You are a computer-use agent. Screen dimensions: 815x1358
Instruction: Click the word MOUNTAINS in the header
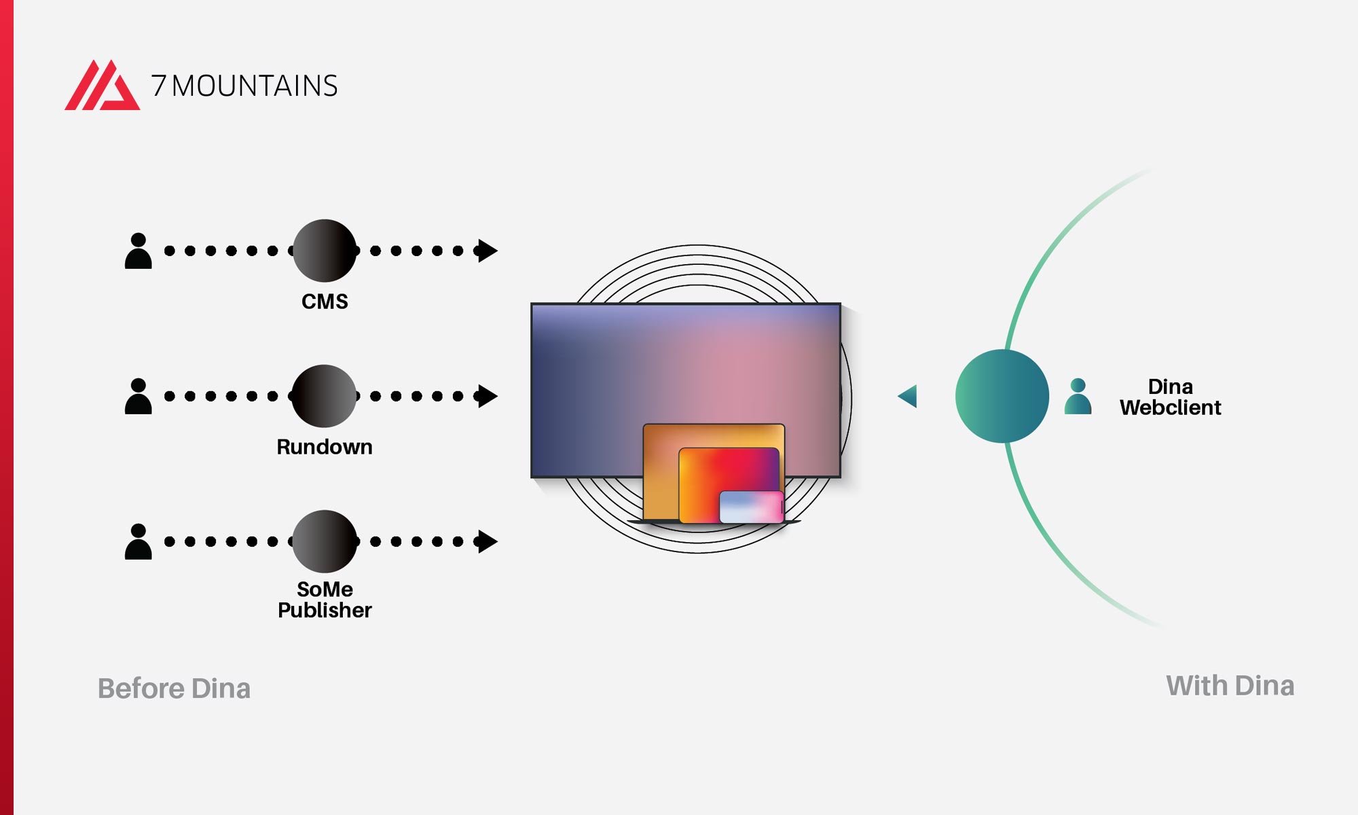255,86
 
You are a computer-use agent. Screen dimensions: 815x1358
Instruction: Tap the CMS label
325,302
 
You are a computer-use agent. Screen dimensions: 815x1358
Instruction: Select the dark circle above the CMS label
325,251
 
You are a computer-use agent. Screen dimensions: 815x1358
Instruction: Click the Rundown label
325,447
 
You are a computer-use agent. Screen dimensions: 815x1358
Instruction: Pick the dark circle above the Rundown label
324,396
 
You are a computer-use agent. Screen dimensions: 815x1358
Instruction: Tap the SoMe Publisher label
325,600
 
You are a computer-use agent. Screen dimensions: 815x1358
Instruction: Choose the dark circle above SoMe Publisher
325,541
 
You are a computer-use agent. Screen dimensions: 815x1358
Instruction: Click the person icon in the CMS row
139,251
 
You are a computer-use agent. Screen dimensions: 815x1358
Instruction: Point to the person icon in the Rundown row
139,397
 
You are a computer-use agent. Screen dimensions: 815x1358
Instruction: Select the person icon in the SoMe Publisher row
139,542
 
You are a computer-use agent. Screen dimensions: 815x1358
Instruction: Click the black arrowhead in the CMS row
487,251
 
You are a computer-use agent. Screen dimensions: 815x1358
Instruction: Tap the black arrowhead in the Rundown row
487,396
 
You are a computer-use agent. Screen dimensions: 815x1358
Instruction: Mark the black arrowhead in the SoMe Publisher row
487,541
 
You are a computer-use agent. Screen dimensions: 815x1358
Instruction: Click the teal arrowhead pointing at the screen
909,396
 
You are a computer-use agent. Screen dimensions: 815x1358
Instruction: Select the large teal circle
1002,396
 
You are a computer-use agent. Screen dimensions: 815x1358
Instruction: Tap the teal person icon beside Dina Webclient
1078,397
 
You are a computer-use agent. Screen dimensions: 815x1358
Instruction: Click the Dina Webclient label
1170,397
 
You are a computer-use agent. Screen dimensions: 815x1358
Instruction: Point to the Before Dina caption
175,689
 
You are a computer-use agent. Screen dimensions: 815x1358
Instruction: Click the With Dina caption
1230,686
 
